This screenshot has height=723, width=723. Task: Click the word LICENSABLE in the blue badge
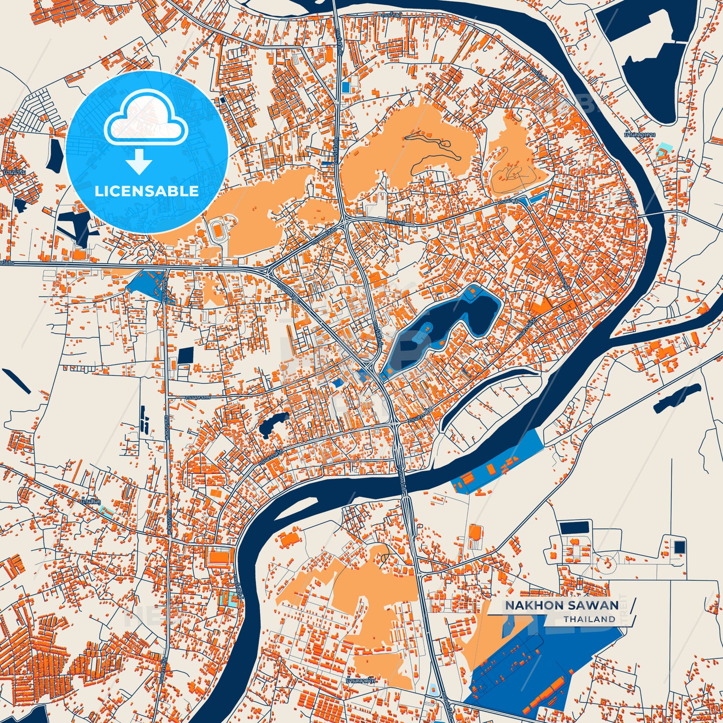pyautogui.click(x=147, y=191)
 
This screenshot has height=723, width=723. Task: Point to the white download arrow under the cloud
pyautogui.click(x=139, y=161)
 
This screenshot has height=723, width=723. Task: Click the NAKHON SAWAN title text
pyautogui.click(x=561, y=605)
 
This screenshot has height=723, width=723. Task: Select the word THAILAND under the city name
pyautogui.click(x=589, y=619)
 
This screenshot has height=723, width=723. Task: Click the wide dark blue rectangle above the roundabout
pyautogui.click(x=575, y=527)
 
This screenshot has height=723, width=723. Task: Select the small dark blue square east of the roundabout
pyautogui.click(x=679, y=547)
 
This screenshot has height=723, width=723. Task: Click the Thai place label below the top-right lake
pyautogui.click(x=640, y=135)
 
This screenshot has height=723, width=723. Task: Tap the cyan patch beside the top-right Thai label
pyautogui.click(x=663, y=149)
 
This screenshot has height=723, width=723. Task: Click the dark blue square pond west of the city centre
pyautogui.click(x=186, y=355)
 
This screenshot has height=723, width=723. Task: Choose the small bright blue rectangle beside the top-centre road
pyautogui.click(x=346, y=87)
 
